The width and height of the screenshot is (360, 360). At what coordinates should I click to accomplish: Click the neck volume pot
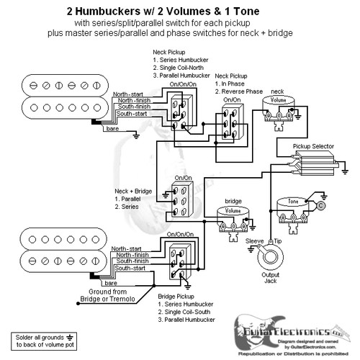click(x=276, y=107)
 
